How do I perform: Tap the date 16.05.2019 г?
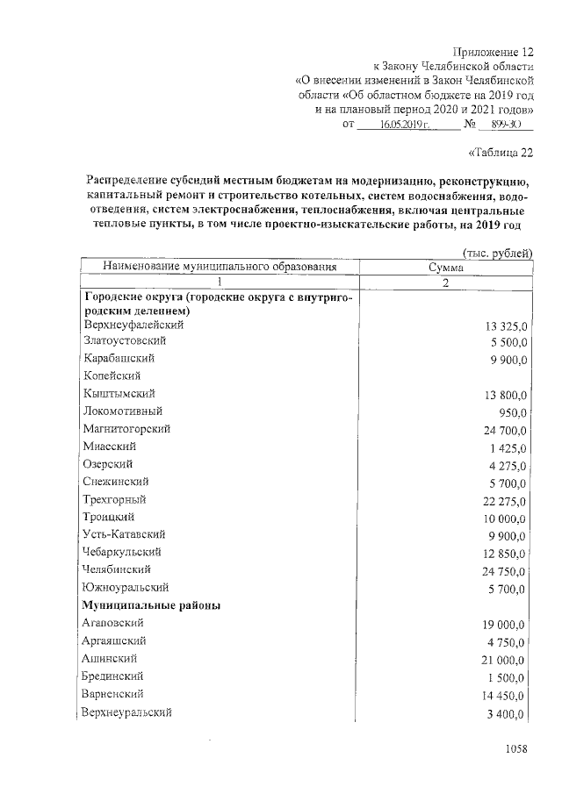pos(400,125)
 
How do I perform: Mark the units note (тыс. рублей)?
pos(498,254)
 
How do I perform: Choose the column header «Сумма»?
pos(445,267)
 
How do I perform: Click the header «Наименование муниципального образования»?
pos(220,267)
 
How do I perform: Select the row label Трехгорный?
pos(114,499)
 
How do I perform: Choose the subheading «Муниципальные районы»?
pos(151,605)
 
